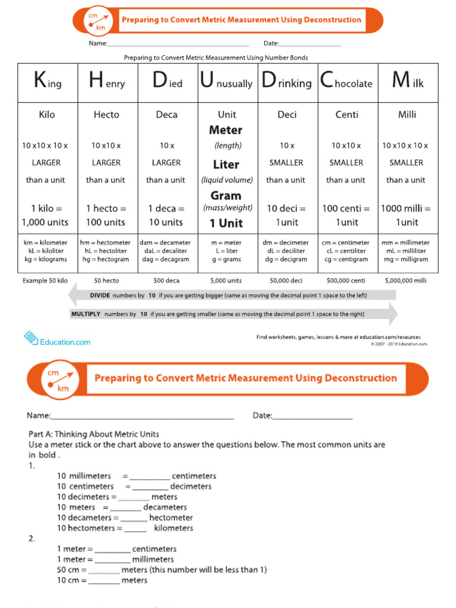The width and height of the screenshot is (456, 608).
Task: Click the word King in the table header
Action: click(47, 82)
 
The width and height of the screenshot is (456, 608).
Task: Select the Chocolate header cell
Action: click(346, 82)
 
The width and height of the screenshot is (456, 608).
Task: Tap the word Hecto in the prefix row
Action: click(106, 115)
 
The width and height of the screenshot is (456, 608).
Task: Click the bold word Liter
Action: click(226, 164)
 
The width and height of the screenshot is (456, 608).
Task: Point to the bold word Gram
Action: click(226, 195)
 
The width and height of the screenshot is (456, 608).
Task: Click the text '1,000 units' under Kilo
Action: click(45, 222)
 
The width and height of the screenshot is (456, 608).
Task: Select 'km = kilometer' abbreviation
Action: click(45, 243)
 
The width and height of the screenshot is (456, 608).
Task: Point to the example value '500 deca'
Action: click(166, 280)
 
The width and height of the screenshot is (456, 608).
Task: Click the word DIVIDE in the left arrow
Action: click(104, 295)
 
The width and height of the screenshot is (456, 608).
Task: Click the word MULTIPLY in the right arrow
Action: click(86, 314)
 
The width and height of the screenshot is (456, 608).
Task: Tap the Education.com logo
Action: click(57, 340)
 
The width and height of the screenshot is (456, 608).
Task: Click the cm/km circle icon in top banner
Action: click(97, 21)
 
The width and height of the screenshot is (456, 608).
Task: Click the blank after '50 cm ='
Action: click(104, 570)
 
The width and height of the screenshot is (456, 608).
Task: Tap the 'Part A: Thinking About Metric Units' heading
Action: click(93, 434)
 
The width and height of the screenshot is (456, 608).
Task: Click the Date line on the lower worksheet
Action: click(312, 416)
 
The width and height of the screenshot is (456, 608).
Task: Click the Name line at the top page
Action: click(178, 44)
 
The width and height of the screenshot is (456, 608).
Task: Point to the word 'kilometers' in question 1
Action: click(173, 528)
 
